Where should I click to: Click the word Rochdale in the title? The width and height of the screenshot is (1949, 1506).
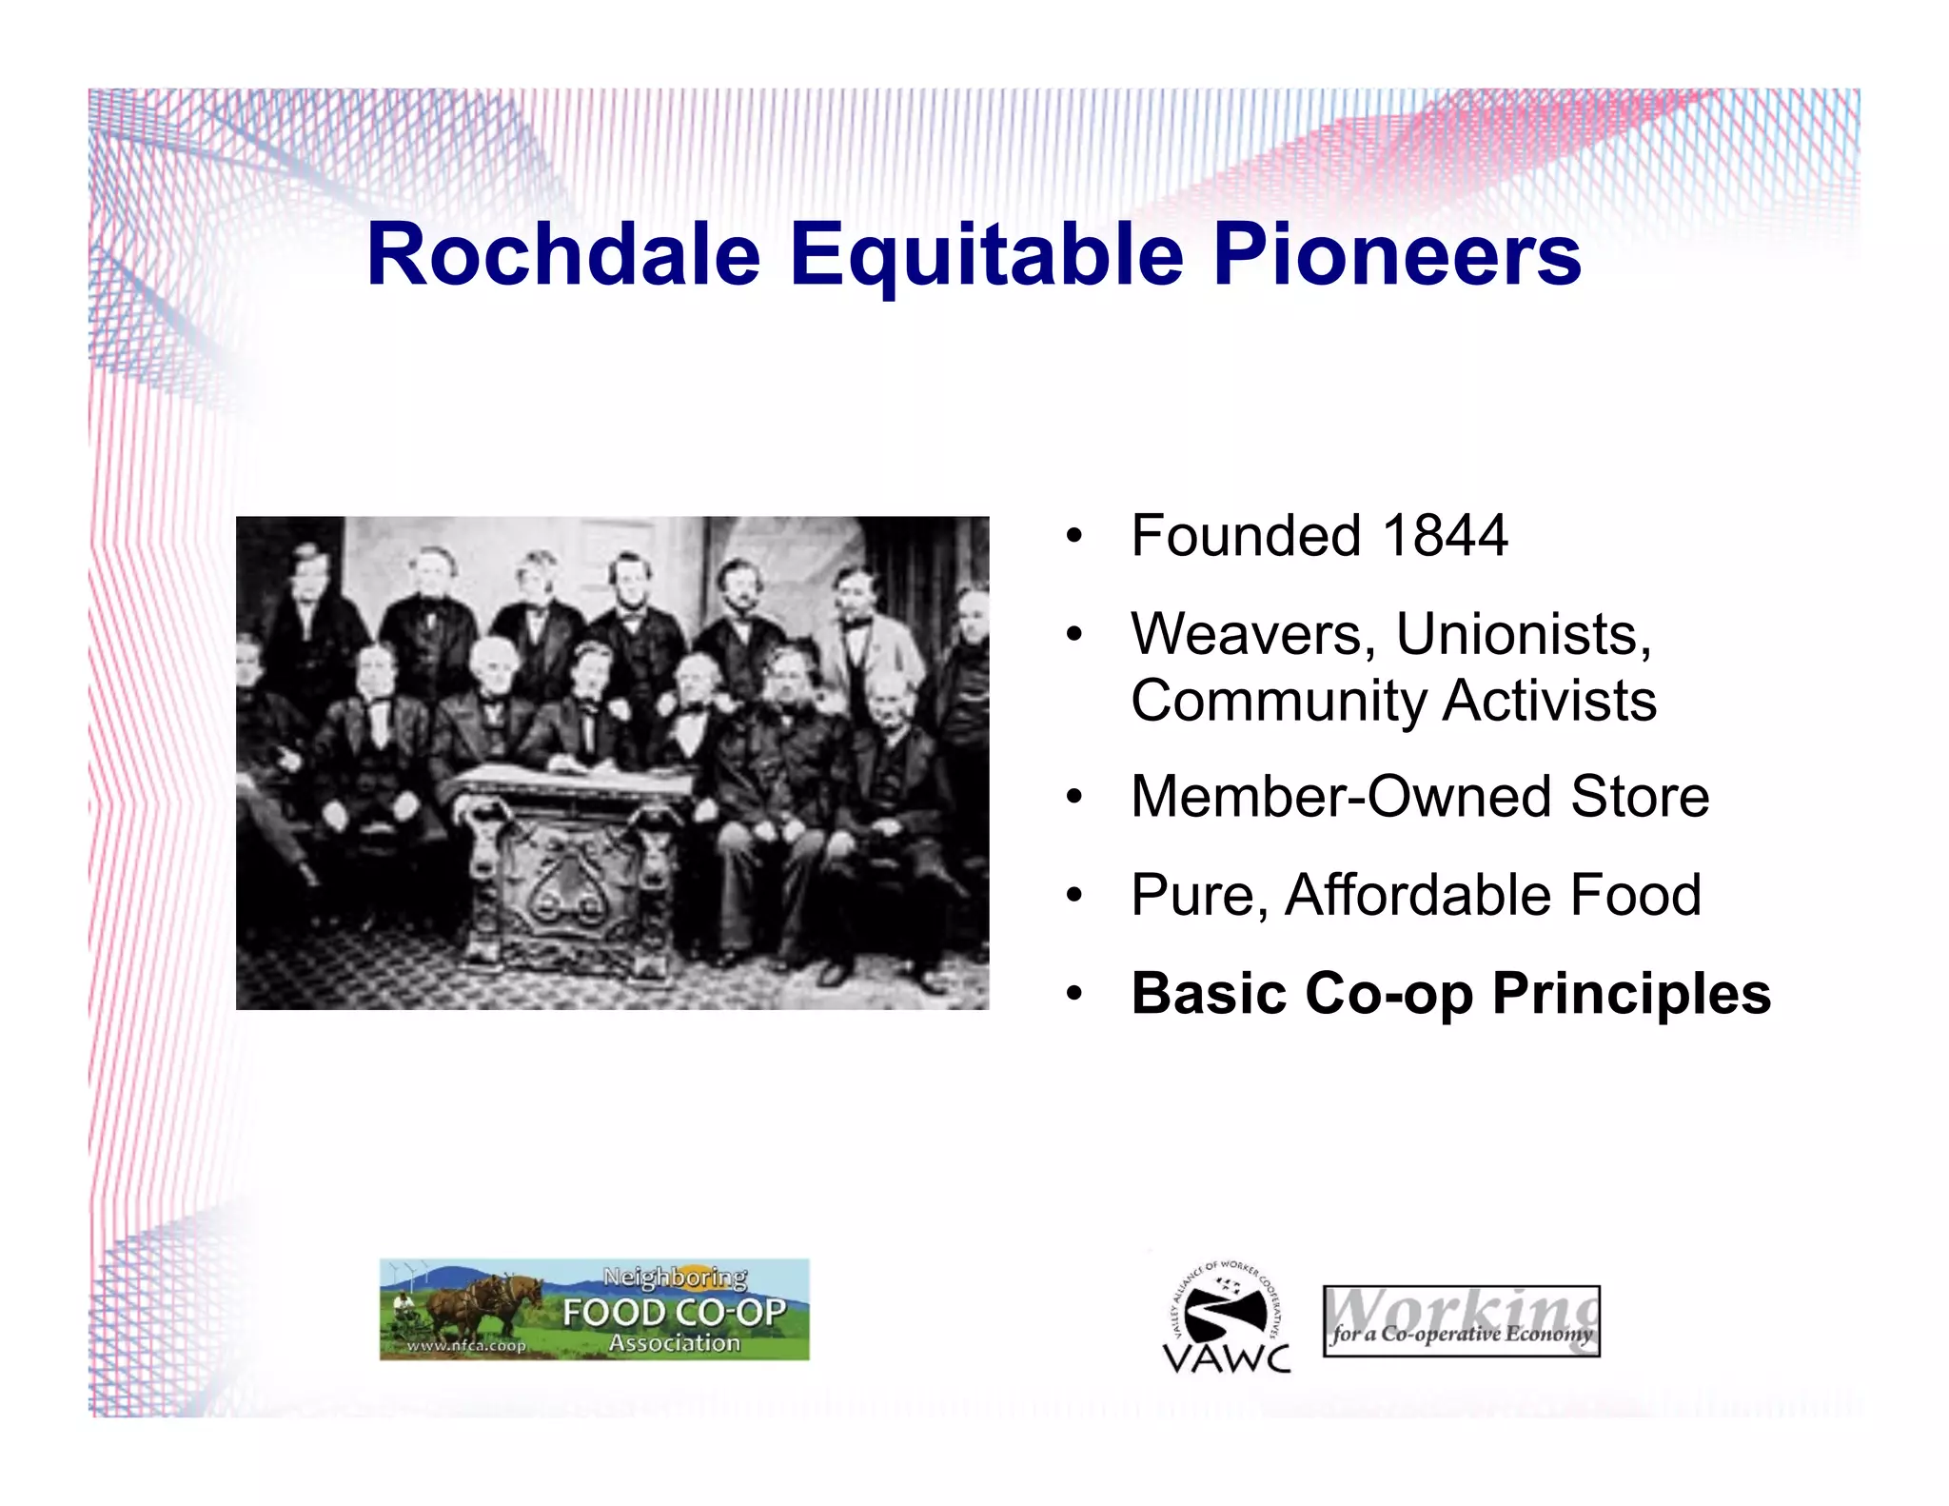(x=563, y=254)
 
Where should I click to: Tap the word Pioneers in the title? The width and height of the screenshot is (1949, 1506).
(x=1396, y=254)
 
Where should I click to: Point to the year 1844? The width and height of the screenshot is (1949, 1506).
(x=1445, y=535)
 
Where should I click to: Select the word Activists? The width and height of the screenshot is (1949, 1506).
(x=1549, y=701)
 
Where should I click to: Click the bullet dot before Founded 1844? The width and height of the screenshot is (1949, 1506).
(x=1073, y=537)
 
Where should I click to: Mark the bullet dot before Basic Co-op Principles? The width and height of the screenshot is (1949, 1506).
(x=1073, y=995)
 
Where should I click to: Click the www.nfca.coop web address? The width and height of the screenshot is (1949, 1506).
(x=466, y=1345)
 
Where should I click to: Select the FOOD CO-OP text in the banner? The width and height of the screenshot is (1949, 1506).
(x=674, y=1313)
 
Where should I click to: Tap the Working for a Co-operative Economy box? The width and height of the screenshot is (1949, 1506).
(x=1461, y=1321)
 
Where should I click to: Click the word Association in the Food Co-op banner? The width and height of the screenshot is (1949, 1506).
(x=674, y=1343)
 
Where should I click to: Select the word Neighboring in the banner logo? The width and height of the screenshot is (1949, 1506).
(x=675, y=1277)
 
